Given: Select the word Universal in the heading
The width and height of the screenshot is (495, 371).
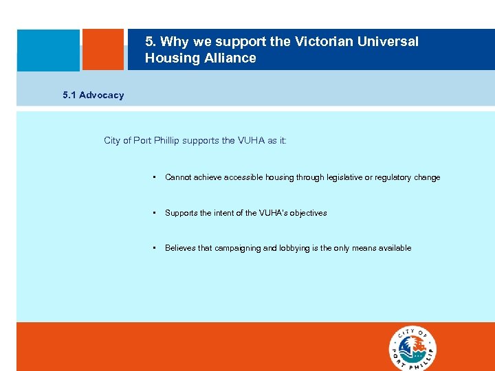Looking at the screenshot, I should [x=388, y=42].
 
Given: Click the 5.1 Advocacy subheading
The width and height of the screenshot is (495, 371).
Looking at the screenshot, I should [x=93, y=95].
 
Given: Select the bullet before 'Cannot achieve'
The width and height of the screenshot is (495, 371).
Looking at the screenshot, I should [x=155, y=177].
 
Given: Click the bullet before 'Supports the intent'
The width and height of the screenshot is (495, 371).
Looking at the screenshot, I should [x=155, y=213].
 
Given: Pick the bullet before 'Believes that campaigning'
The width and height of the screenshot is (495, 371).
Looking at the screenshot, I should [x=155, y=248].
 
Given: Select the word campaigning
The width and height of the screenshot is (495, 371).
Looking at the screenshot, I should [x=238, y=248].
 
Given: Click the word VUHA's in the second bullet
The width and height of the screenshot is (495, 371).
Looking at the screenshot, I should [x=273, y=213].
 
